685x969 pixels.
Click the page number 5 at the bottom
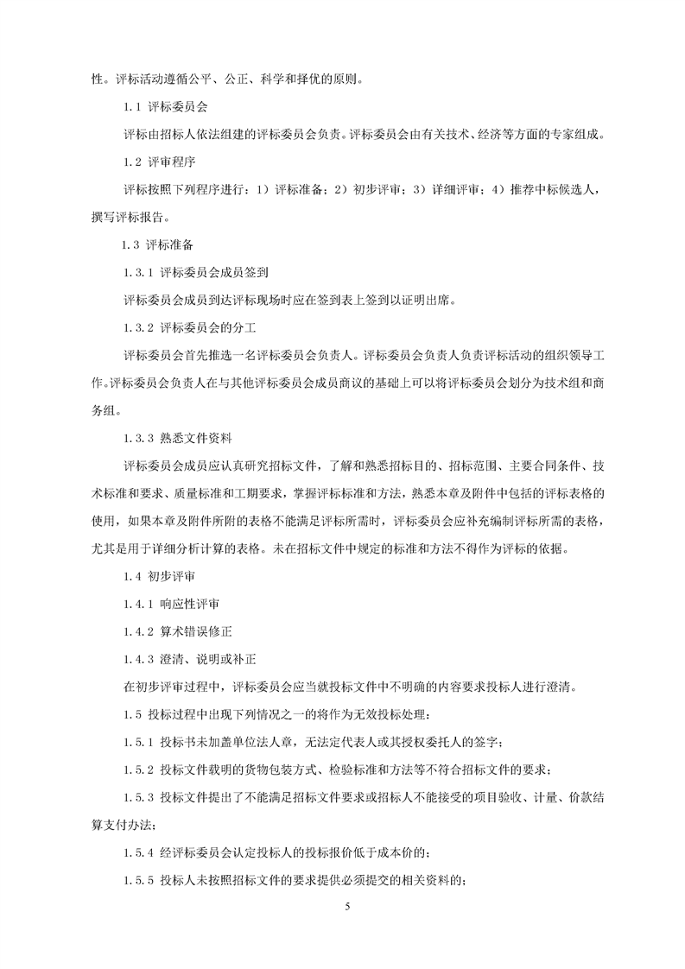click(346, 907)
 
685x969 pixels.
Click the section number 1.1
click(131, 108)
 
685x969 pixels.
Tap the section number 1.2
click(131, 161)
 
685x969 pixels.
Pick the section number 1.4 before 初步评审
click(131, 576)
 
